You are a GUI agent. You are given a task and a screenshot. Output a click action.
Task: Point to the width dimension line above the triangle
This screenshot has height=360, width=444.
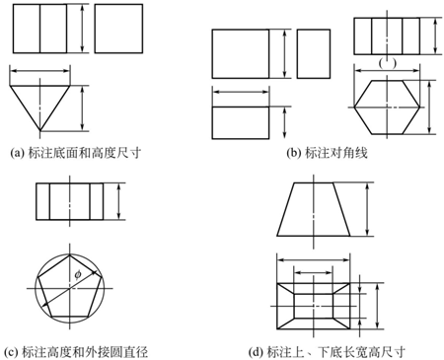point(45,71)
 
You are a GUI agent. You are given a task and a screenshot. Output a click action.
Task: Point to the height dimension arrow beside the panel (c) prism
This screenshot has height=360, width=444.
point(119,204)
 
